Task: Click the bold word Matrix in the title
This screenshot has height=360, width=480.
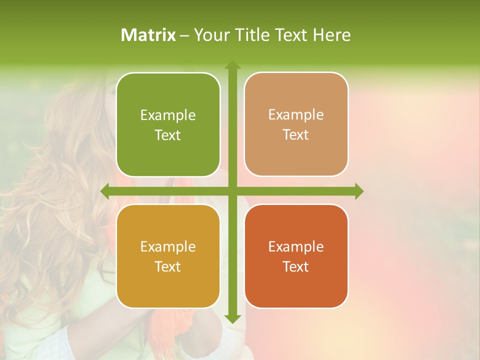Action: [148, 35]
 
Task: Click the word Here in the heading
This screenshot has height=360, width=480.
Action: [331, 35]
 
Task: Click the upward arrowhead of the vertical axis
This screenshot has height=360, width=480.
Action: [232, 64]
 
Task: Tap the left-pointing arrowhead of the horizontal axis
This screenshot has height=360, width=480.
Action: [105, 191]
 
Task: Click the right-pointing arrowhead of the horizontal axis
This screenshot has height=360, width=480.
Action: [358, 191]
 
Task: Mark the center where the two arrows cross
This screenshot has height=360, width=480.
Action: [232, 191]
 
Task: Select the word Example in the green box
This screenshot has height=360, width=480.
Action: [168, 115]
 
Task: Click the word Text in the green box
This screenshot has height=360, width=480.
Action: [167, 135]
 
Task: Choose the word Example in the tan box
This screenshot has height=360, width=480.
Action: [296, 115]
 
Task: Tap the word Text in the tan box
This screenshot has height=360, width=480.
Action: [295, 135]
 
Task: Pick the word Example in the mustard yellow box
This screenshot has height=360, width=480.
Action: [168, 247]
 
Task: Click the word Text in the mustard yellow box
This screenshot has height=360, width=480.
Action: [167, 267]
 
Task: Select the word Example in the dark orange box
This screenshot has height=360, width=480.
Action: [296, 247]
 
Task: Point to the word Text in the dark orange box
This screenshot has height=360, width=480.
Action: [295, 267]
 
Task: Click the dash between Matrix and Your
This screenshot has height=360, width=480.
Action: [184, 35]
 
